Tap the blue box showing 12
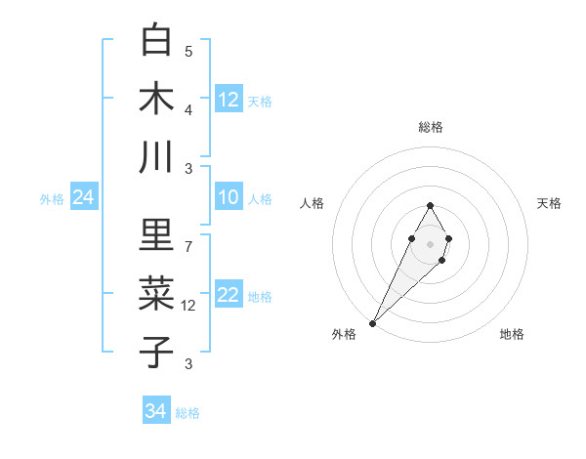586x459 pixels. coord(229,99)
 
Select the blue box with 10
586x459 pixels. coord(229,197)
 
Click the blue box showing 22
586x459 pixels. coord(229,295)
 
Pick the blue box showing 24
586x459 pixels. coord(84,197)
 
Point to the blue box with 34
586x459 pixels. coord(156,411)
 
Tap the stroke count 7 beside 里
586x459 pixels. coord(188,246)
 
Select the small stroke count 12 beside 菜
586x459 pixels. coord(189,305)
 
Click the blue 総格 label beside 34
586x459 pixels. coord(188,413)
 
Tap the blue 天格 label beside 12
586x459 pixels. coord(260,101)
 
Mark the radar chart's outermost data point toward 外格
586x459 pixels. coord(372,322)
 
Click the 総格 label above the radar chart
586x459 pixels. coord(430,127)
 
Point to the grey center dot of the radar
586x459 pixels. coord(430,242)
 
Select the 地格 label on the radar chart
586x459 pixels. coord(512,334)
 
